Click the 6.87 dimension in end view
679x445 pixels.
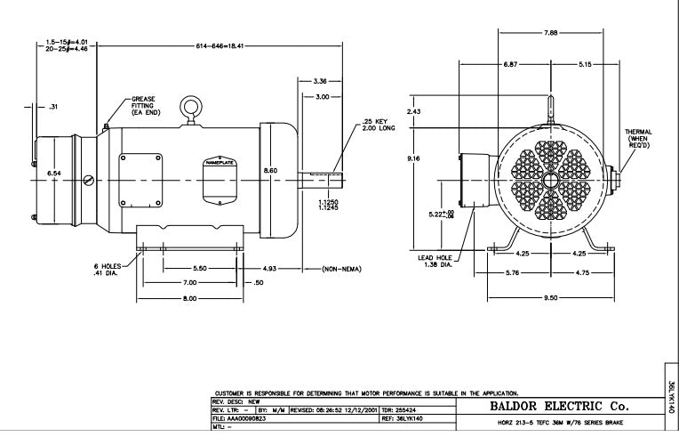(x=510, y=65)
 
